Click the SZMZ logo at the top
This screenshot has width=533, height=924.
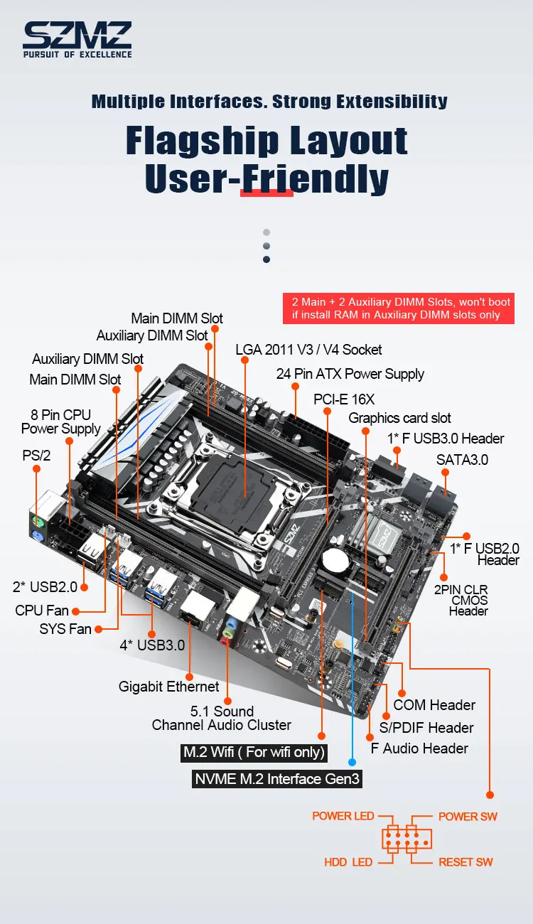77,39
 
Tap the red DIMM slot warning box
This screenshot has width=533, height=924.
396,308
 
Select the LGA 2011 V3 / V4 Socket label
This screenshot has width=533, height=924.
308,350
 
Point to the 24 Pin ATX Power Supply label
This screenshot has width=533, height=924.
350,374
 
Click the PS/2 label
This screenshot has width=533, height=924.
36,456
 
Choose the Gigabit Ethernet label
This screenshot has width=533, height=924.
168,687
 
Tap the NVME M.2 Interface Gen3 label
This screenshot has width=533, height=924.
278,779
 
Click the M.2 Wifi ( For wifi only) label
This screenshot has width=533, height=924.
254,752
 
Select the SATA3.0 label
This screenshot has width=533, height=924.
462,460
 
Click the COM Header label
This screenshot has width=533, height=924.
434,705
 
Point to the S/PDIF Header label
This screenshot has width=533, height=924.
426,728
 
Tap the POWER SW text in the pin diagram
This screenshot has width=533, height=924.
468,817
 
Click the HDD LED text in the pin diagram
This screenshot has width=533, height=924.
348,862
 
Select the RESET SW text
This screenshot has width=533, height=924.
465,862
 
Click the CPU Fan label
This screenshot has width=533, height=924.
43,611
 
